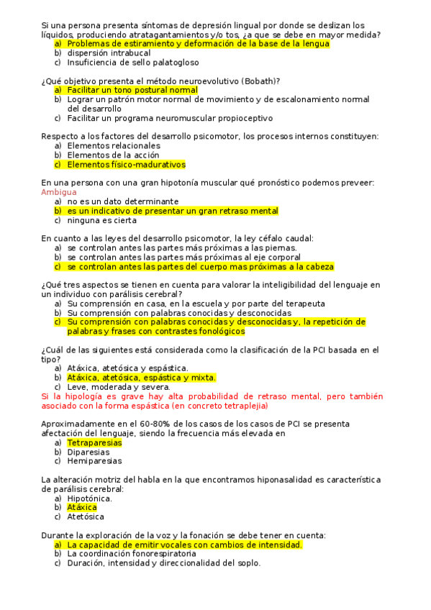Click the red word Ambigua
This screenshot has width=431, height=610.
(x=59, y=192)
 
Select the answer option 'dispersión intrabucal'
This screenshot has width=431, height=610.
(x=109, y=53)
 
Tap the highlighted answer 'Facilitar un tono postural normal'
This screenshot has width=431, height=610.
(x=132, y=91)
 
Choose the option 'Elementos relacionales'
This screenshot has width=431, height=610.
(x=114, y=145)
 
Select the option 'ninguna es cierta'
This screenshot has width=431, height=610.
(x=101, y=220)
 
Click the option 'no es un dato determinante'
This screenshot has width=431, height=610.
(x=123, y=201)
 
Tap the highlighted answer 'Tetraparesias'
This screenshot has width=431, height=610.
(x=94, y=442)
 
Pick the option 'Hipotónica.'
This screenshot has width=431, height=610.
(x=89, y=498)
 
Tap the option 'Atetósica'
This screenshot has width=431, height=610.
(x=86, y=516)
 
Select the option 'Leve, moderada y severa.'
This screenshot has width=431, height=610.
(x=119, y=386)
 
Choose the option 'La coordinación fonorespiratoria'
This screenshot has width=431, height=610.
(x=132, y=554)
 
